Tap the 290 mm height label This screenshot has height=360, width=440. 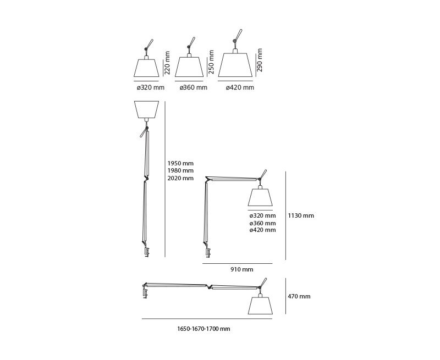point(260,60)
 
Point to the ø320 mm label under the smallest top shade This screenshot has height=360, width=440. point(150,88)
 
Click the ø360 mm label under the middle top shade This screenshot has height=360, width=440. point(194,88)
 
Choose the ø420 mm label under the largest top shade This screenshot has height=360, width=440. point(240,88)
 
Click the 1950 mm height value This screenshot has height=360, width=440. point(181,163)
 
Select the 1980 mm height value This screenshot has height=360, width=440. point(181,170)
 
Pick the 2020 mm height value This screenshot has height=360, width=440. point(181,178)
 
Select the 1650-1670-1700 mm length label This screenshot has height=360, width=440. point(204,329)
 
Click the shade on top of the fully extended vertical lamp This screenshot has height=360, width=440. point(146,109)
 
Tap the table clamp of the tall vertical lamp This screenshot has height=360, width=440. point(147,252)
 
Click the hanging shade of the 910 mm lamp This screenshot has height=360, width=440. point(262,197)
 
